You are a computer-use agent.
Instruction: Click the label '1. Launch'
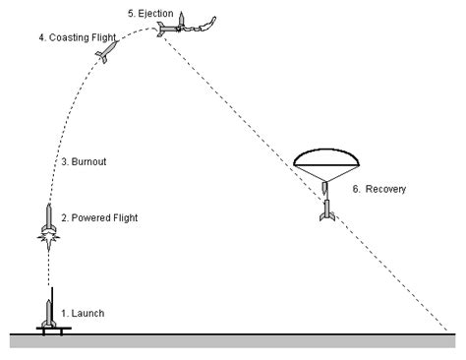coord(83,313)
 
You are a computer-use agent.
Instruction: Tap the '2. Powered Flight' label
coord(100,217)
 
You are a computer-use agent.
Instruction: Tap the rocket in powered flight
coord(48,218)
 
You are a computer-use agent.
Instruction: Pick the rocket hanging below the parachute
coord(326,210)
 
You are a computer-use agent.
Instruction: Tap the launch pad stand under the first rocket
coord(50,326)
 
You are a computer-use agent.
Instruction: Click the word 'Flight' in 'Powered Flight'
coord(124,217)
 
